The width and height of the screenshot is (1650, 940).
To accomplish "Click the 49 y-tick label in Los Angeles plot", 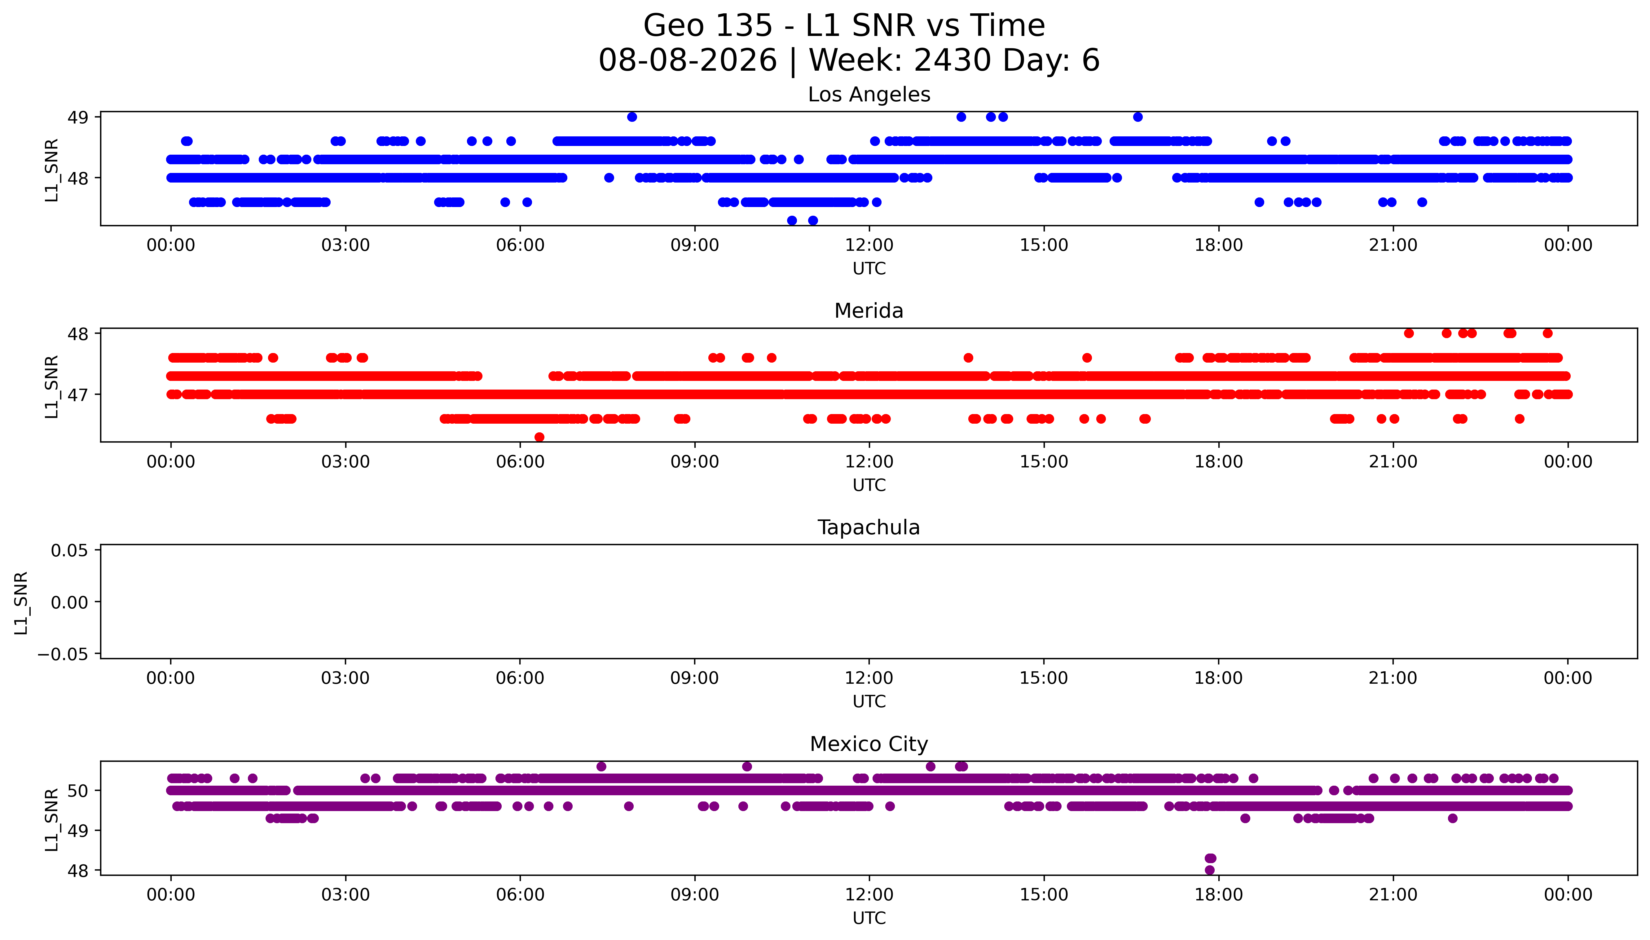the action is click(78, 117).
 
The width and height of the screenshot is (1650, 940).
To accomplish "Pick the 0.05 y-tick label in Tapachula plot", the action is click(70, 551).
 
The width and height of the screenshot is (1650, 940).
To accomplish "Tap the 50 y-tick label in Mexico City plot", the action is click(78, 791).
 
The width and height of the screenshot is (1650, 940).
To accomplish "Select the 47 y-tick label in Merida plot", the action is click(78, 395).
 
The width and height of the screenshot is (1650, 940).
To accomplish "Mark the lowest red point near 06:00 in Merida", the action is click(539, 437).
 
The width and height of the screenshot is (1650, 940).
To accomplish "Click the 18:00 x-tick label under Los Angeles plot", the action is click(1218, 245).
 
